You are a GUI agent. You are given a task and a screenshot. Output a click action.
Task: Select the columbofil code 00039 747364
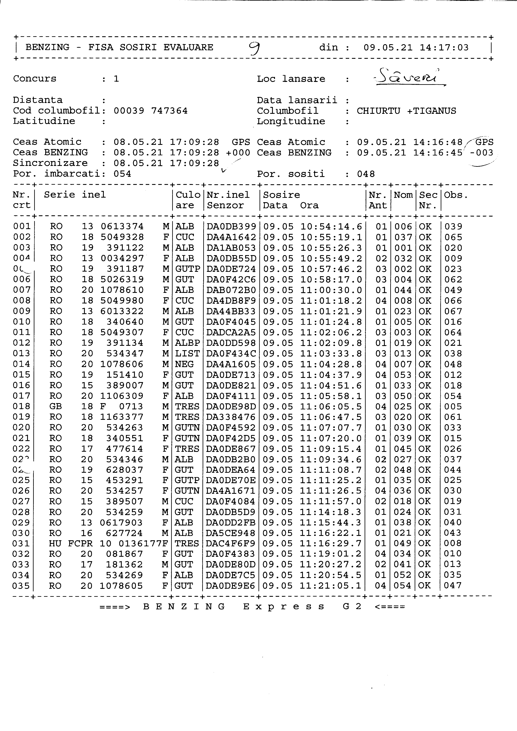click(151, 111)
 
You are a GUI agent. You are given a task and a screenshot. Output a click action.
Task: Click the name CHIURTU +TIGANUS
click(406, 111)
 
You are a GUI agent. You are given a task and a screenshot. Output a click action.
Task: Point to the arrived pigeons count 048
click(366, 174)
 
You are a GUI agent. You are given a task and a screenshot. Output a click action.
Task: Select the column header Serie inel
click(75, 194)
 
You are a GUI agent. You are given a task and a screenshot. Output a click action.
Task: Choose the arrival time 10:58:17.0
click(331, 280)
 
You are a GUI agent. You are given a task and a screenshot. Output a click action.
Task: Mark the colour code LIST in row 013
click(187, 353)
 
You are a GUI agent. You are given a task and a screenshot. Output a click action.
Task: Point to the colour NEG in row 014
click(184, 364)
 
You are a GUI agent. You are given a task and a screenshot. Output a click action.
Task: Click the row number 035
click(21, 586)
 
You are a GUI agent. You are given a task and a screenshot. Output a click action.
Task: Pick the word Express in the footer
click(284, 607)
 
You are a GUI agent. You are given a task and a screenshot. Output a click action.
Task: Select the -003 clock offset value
click(481, 153)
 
